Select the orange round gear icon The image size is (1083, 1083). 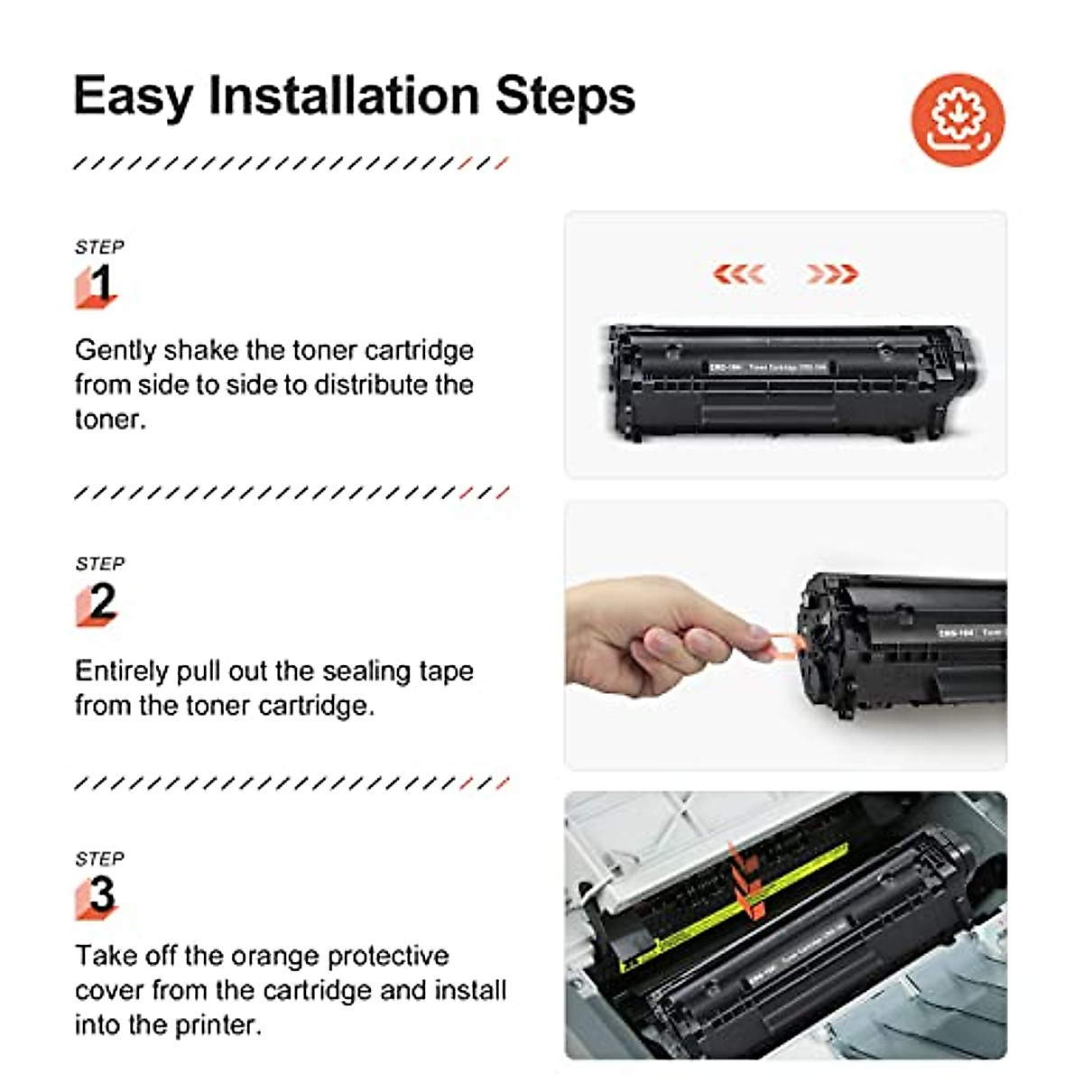pos(958,120)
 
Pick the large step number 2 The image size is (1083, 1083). pos(102,601)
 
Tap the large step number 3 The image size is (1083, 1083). pos(102,894)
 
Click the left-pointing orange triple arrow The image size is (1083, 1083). pos(739,273)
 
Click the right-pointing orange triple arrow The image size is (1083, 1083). pos(831,273)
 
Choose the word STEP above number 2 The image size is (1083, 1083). pos(100,564)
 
